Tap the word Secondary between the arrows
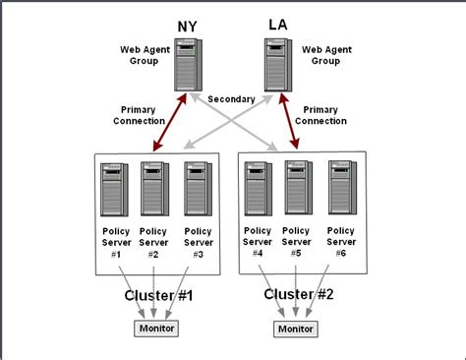pyautogui.click(x=232, y=98)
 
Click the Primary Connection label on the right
pyautogui.click(x=321, y=115)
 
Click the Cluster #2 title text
pyautogui.click(x=298, y=294)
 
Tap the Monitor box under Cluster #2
pyautogui.click(x=298, y=329)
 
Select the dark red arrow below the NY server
pyautogui.click(x=165, y=122)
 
